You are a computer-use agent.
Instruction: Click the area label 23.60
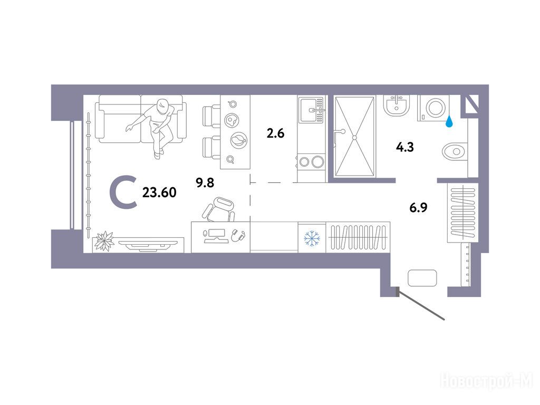[159, 192]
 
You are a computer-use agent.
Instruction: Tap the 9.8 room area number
[205, 182]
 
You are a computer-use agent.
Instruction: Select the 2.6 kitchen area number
[275, 133]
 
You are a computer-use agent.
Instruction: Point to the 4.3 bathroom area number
[404, 147]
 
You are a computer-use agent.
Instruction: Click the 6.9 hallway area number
[418, 208]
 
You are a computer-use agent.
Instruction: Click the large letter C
[123, 192]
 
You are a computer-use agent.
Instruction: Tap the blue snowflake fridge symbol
[312, 238]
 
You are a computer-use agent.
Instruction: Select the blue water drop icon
[449, 122]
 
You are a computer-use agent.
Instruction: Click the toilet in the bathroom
[455, 151]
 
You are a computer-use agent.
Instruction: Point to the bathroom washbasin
[398, 105]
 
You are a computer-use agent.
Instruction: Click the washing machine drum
[435, 107]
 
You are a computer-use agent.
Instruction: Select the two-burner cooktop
[311, 161]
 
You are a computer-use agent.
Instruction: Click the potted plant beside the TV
[104, 240]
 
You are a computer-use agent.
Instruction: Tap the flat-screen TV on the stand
[148, 245]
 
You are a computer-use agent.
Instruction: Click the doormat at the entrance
[422, 278]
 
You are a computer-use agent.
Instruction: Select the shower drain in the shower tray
[354, 138]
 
